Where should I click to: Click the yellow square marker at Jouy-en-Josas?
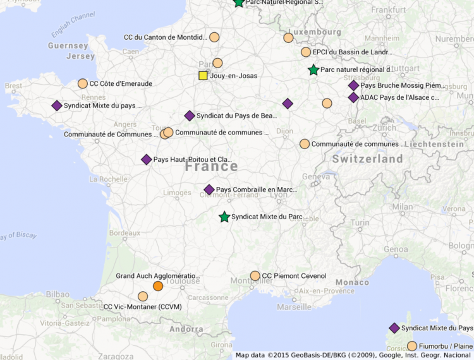203,76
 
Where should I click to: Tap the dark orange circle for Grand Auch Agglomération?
158,286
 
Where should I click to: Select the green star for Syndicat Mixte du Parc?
224,217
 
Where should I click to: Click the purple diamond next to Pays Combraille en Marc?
209,189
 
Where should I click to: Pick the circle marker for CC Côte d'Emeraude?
83,83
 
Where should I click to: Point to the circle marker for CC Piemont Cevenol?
255,276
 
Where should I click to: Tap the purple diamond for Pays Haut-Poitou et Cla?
147,160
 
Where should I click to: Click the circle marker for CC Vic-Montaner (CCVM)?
143,296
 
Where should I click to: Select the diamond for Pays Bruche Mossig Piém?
353,85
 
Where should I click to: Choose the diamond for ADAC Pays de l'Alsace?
353,97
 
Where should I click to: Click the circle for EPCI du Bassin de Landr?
306,52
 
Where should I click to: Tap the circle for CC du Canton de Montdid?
214,37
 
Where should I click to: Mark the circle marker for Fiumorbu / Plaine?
412,346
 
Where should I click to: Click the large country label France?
211,167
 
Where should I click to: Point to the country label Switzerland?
367,159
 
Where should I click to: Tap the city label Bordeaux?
125,232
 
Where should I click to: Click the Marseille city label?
293,307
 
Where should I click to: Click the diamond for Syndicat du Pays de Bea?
190,116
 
